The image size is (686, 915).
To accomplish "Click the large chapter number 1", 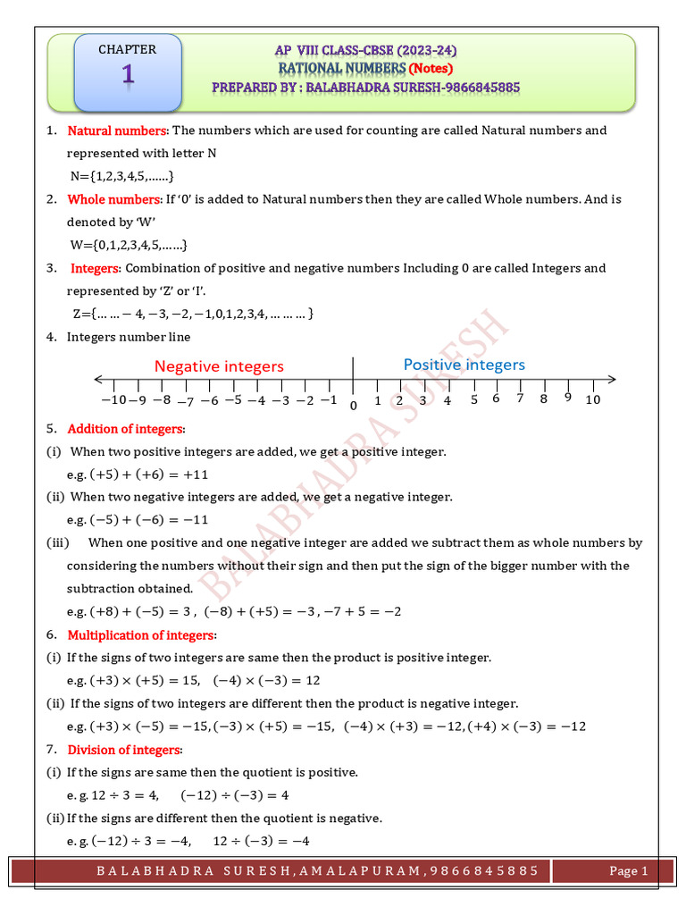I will [128, 77].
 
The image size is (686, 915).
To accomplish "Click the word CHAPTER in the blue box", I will [127, 50].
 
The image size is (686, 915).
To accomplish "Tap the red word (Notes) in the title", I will [431, 68].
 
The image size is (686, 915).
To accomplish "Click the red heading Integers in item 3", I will [95, 268].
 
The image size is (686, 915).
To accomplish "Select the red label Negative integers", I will [219, 366].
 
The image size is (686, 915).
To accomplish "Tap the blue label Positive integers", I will [464, 365].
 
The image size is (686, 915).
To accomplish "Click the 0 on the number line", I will [353, 406].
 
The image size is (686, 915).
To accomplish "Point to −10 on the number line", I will [113, 400].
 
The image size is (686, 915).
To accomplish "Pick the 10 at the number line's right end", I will [593, 400].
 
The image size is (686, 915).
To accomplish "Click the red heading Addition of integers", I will [125, 429].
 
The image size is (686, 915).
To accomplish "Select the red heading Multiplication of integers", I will [141, 634].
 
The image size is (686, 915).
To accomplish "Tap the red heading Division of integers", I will [124, 750].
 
